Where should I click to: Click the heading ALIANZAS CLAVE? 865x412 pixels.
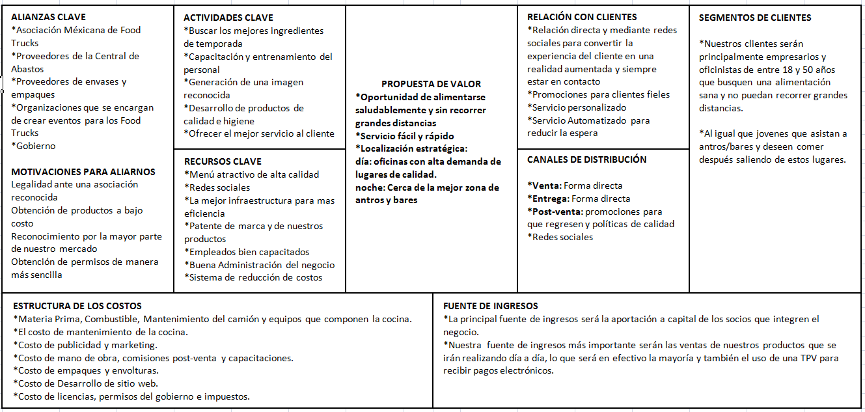point(48,17)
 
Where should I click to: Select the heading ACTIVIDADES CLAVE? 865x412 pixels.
point(228,18)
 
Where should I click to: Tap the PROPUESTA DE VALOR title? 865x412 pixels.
point(431,84)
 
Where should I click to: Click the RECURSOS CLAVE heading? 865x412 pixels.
point(223,161)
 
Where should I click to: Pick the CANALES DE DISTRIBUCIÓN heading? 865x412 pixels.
point(586,159)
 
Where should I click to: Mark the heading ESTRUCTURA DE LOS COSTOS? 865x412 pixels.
point(77,306)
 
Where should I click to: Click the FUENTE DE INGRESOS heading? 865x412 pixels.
point(491,306)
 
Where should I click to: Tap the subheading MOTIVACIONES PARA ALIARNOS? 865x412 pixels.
point(83,172)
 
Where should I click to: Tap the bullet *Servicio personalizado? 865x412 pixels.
point(577,107)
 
